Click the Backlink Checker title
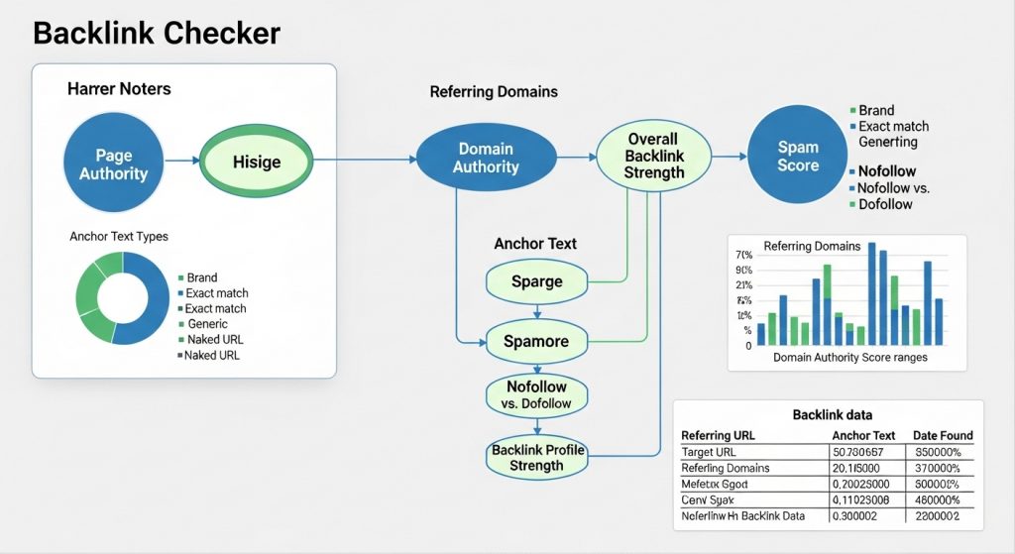[157, 33]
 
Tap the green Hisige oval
[256, 162]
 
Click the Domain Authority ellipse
[486, 159]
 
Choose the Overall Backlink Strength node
[653, 156]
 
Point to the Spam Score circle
[797, 156]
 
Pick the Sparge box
[536, 281]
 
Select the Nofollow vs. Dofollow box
[538, 394]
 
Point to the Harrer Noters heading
[119, 89]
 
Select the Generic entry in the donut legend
[207, 324]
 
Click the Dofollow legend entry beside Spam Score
[885, 204]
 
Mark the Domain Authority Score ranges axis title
[849, 357]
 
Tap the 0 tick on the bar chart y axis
[747, 346]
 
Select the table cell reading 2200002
[939, 516]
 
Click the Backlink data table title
[832, 414]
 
